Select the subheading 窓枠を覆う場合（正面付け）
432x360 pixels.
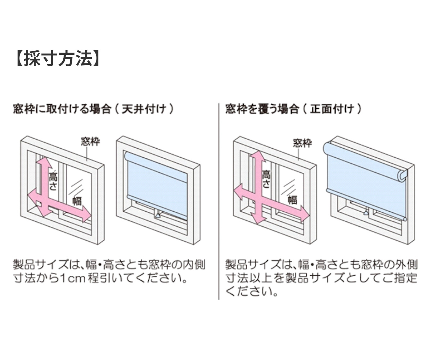294,109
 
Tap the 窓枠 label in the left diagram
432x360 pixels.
90,141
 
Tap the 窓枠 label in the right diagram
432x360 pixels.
302,143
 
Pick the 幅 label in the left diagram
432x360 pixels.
77,200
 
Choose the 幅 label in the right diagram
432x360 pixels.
292,199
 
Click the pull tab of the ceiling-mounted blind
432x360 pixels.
158,216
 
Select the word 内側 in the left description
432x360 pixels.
196,266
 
